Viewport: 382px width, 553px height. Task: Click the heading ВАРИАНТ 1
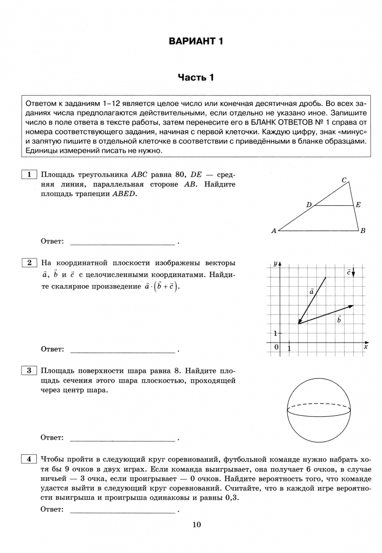pyautogui.click(x=196, y=41)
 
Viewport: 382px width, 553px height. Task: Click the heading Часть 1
pyautogui.click(x=196, y=77)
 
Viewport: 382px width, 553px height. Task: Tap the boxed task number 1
pyautogui.click(x=29, y=175)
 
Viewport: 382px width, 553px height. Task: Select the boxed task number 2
pyautogui.click(x=29, y=263)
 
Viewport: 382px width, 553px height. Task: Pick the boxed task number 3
pyautogui.click(x=29, y=370)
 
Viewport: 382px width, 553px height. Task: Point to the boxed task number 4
pyautogui.click(x=29, y=459)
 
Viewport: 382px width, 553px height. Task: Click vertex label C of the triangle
pyautogui.click(x=345, y=180)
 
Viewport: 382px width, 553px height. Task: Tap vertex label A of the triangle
pyautogui.click(x=274, y=231)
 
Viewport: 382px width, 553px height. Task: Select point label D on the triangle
pyautogui.click(x=309, y=205)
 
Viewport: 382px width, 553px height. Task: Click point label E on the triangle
pyautogui.click(x=358, y=205)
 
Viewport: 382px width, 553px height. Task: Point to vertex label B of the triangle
pyautogui.click(x=363, y=231)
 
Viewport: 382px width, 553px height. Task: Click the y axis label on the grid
pyautogui.click(x=275, y=263)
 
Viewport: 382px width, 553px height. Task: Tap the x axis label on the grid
pyautogui.click(x=366, y=347)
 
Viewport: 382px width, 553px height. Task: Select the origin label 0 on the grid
pyautogui.click(x=277, y=348)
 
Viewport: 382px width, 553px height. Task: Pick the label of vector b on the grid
pyautogui.click(x=339, y=320)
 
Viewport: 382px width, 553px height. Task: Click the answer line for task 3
pyautogui.click(x=122, y=439)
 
